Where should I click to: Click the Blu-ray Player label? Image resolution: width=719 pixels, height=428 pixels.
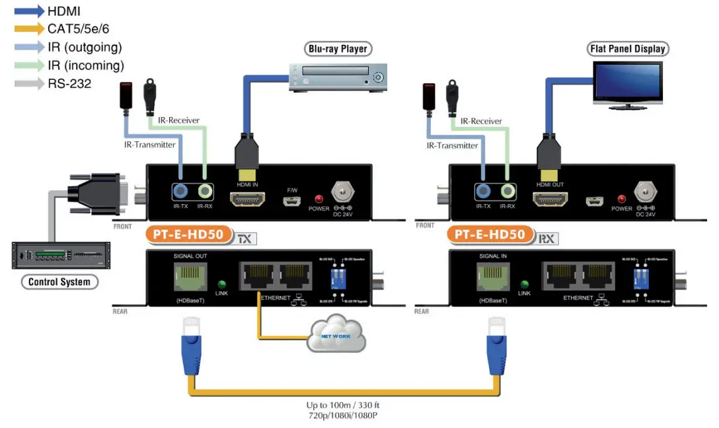coord(337,49)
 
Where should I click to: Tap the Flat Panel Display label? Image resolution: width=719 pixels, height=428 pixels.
coord(627,49)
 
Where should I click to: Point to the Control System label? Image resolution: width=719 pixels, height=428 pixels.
coord(59,282)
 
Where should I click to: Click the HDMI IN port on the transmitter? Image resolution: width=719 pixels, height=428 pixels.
coord(246,198)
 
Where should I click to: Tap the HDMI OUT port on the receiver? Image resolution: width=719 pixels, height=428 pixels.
coord(550,198)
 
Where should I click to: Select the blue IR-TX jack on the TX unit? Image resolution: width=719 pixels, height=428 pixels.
coord(180,192)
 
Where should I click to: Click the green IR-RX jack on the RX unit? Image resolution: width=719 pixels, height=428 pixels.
coord(508,192)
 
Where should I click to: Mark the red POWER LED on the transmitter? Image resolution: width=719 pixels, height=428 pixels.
coord(319,199)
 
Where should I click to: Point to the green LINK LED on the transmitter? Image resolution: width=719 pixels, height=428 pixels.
coord(222,285)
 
